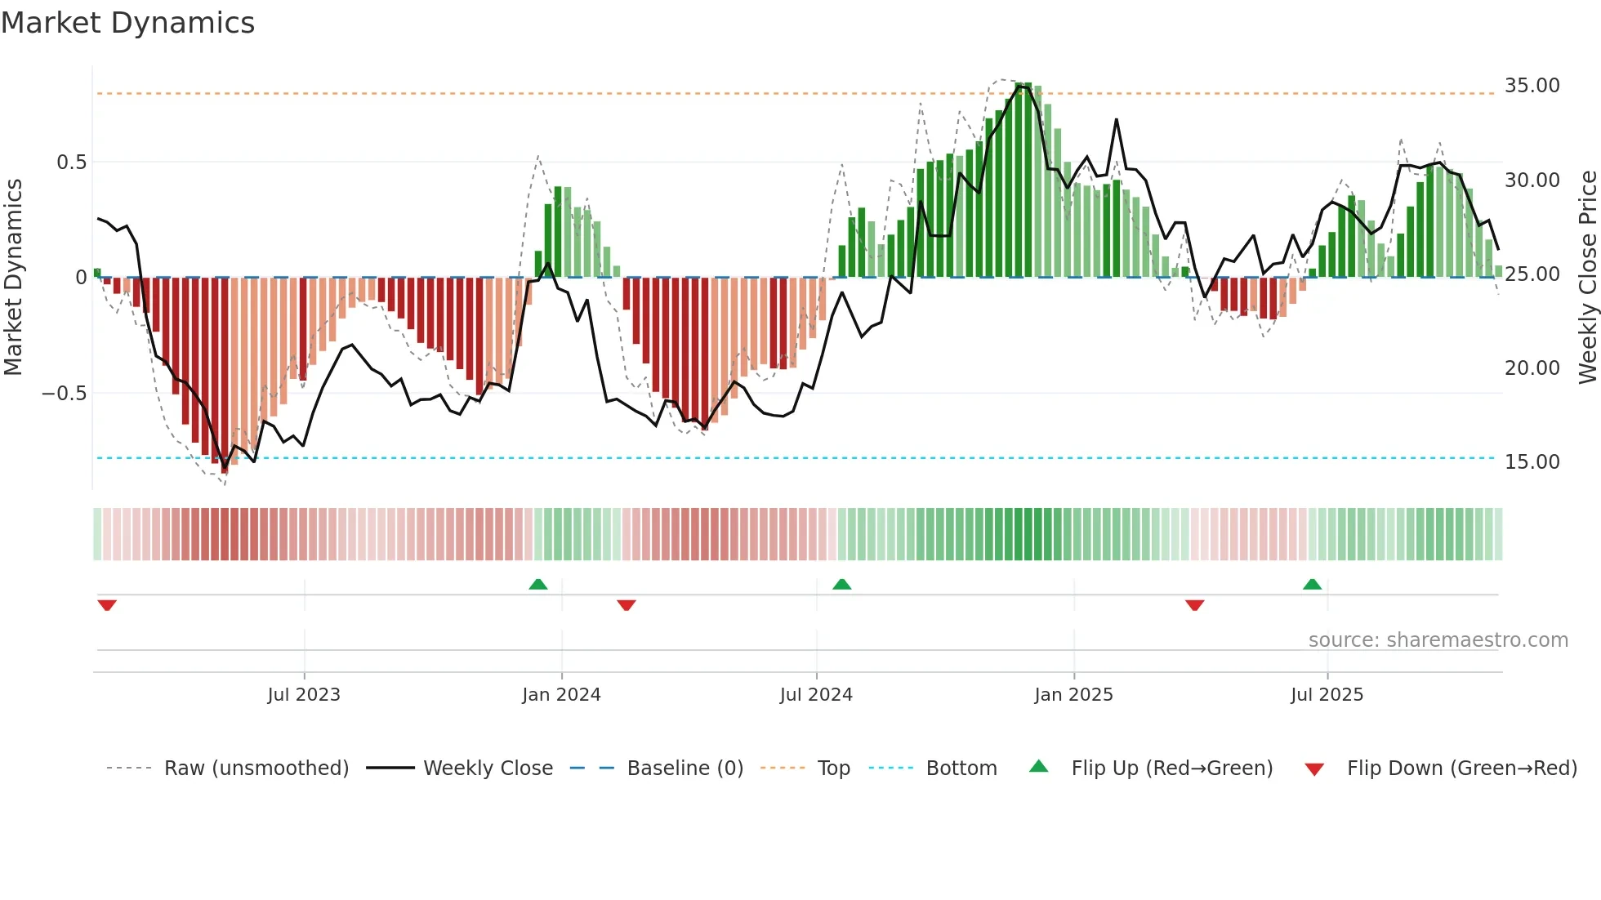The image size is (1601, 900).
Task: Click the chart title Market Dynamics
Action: coord(127,23)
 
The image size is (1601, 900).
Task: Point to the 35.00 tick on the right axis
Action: coord(1532,86)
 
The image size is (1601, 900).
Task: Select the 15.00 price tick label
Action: coord(1532,462)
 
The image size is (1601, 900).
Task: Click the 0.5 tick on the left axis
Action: coord(71,163)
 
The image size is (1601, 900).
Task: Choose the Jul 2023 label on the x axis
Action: coord(303,695)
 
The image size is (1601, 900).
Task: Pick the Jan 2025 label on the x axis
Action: coord(1073,695)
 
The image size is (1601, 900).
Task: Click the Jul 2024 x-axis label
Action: coord(815,695)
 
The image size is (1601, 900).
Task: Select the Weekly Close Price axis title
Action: coord(1587,277)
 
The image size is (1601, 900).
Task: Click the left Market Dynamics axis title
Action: coord(13,277)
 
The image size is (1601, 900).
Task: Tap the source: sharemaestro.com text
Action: coord(1438,640)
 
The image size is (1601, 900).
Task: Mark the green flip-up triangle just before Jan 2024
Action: coord(537,584)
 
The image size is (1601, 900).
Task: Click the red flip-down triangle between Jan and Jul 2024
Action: coord(627,605)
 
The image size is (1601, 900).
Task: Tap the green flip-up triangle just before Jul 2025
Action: coord(1312,584)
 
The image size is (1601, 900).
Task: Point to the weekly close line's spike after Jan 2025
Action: coord(1116,120)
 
